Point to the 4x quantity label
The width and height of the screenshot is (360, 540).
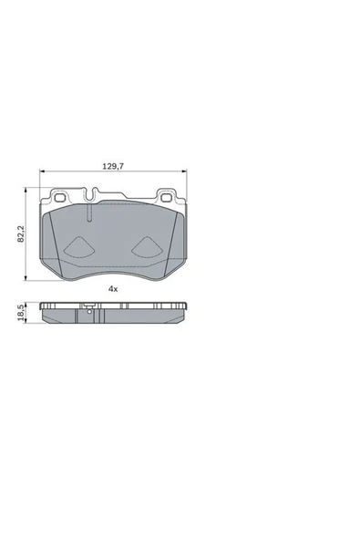pyautogui.click(x=113, y=288)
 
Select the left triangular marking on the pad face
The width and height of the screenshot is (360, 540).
pyautogui.click(x=79, y=246)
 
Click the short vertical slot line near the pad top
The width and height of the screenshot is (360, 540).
pyautogui.click(x=91, y=215)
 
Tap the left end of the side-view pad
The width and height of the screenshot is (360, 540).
pyautogui.click(x=43, y=312)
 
